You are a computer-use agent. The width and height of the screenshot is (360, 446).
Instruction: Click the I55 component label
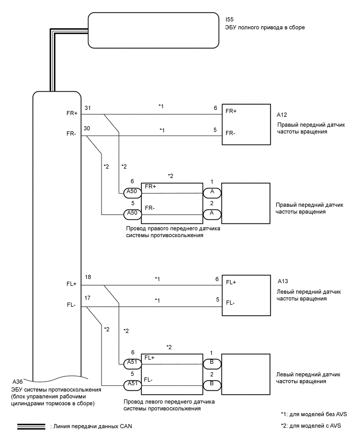tap(229, 19)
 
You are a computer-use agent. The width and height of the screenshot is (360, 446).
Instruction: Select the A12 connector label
tap(282, 115)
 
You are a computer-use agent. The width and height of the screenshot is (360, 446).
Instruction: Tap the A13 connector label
tap(283, 281)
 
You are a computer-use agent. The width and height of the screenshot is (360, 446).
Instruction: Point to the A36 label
tap(18, 382)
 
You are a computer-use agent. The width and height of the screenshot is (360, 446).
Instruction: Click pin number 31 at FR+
tap(87, 108)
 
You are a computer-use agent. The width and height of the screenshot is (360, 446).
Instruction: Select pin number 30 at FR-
tap(87, 129)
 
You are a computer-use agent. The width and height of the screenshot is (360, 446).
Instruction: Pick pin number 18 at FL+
tap(88, 277)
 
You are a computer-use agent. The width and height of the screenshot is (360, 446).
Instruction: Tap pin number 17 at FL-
tap(87, 298)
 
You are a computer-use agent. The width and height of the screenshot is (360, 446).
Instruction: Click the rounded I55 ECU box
tap(153, 30)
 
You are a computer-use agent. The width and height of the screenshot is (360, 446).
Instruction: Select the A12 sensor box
tap(246, 125)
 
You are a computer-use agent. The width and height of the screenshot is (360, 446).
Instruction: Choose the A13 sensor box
tap(246, 295)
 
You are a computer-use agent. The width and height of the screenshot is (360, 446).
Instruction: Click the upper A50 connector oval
tap(132, 193)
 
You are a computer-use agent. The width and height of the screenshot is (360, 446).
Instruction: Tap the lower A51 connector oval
tap(132, 385)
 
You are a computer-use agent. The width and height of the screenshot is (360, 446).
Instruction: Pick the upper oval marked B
tap(212, 364)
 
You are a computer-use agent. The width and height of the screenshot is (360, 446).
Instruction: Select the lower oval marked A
tap(212, 214)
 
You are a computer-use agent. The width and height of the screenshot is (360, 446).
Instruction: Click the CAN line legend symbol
tap(31, 427)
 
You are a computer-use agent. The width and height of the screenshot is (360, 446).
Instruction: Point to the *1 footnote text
tap(313, 414)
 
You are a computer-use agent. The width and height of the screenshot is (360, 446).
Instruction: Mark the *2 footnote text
tap(311, 426)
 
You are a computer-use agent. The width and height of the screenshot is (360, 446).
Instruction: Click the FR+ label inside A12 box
tap(231, 111)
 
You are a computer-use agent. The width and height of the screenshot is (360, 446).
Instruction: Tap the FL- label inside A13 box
tap(230, 303)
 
